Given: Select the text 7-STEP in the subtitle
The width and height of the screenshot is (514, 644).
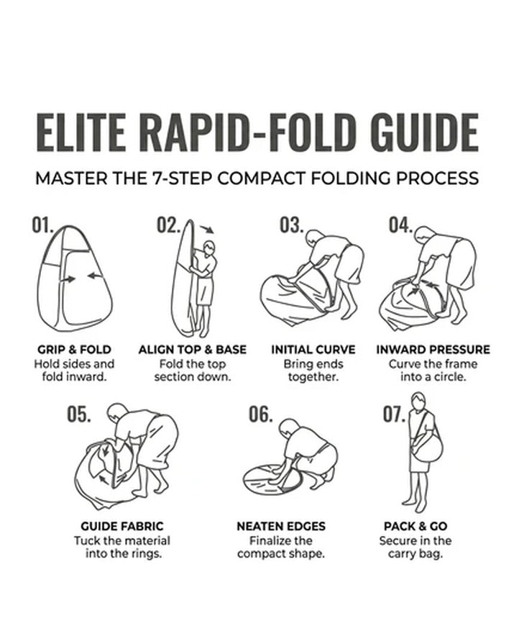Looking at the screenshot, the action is (182, 178).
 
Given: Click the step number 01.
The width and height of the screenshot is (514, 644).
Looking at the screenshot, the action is (42, 225).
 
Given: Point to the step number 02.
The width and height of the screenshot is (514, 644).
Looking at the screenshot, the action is (168, 225).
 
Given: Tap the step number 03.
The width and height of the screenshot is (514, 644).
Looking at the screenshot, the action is (292, 225).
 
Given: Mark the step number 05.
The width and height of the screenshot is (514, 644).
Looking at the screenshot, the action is (79, 414).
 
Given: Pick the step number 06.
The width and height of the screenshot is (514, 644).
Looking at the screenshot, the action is (261, 414).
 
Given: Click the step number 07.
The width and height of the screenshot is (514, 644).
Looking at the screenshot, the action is (394, 414).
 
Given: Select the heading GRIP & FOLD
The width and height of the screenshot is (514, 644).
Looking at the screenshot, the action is (74, 350).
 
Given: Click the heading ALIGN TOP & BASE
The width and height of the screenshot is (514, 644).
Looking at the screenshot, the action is (193, 350).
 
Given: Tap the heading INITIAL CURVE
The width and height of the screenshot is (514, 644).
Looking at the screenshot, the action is (313, 350).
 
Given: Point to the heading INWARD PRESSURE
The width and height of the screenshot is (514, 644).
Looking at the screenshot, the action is (433, 350).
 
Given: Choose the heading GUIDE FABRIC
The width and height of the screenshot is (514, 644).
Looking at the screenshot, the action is (121, 526).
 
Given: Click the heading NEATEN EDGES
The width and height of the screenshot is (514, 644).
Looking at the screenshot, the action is (281, 526).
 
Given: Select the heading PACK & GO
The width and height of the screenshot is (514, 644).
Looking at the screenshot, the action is (416, 526).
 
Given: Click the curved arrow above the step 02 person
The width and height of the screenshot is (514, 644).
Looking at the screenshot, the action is (207, 229).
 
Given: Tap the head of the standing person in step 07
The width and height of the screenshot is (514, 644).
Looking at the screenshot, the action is (418, 401).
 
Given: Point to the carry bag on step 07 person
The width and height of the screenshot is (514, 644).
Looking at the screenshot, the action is (428, 448).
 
